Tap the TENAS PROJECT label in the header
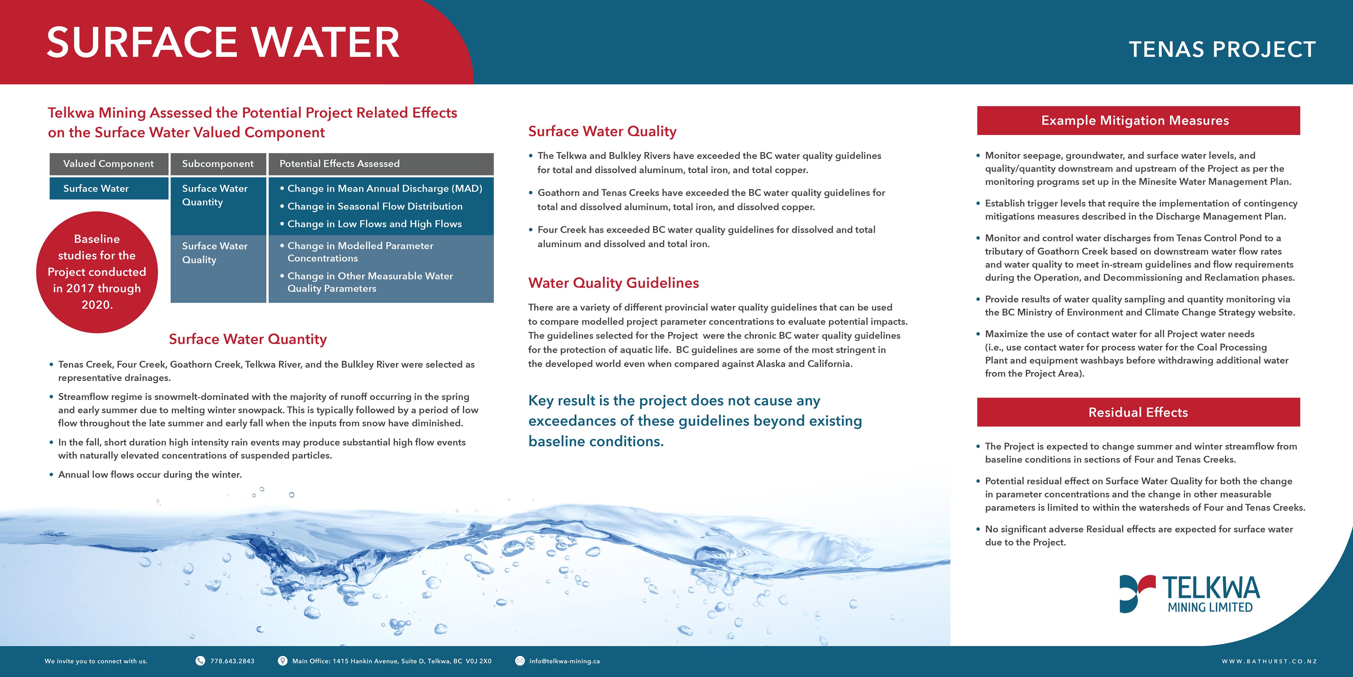point(1222,49)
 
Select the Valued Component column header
point(109,164)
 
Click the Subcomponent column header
point(217,164)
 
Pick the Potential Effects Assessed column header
point(339,164)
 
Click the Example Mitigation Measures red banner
point(1138,120)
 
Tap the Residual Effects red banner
point(1138,412)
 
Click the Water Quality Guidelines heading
point(613,283)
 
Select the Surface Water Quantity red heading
point(247,339)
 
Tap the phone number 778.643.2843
point(232,661)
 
